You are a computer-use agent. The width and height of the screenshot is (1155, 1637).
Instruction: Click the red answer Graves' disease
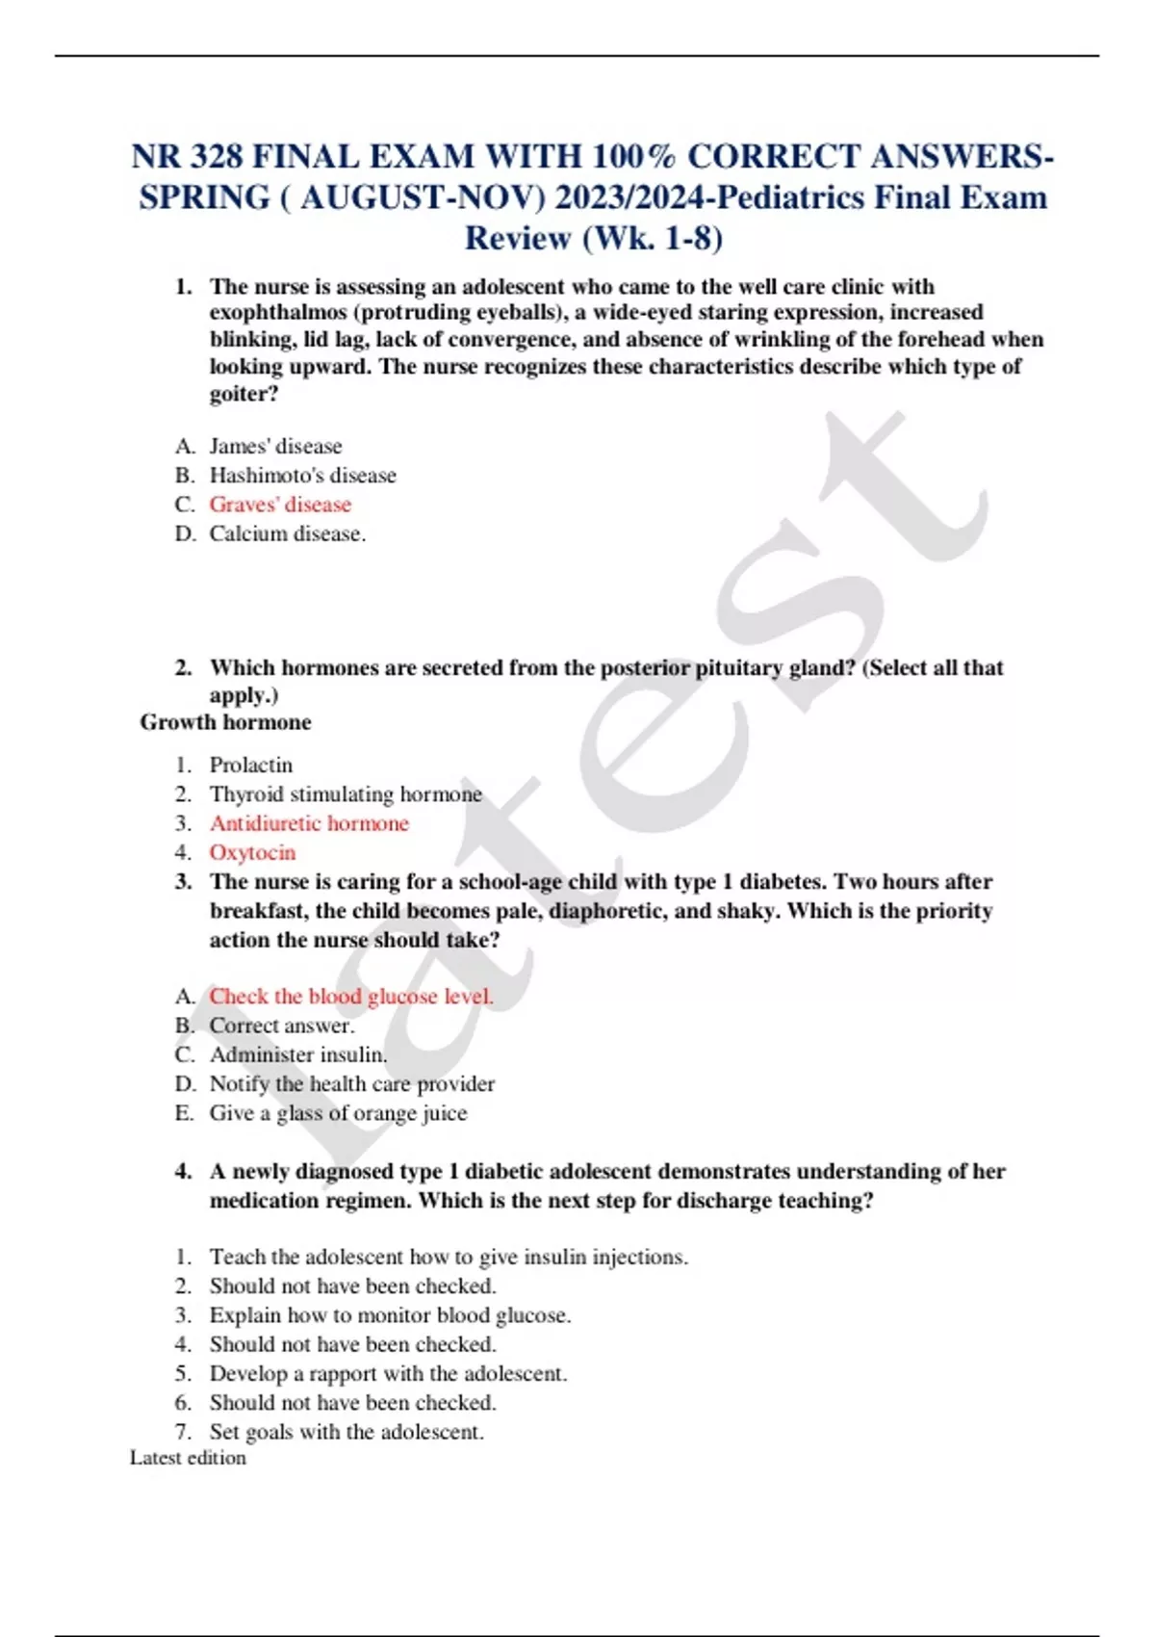tap(280, 505)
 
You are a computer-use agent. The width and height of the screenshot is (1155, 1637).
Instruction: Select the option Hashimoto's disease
tap(302, 476)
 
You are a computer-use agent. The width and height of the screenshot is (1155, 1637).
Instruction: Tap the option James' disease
tap(275, 447)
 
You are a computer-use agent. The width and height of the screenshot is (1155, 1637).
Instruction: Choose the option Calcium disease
tap(287, 533)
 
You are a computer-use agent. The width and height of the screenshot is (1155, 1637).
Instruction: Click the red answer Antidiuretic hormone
tap(309, 823)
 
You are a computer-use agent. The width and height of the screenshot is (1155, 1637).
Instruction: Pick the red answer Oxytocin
tap(252, 852)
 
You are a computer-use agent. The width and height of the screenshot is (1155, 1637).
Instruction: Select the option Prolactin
tap(250, 766)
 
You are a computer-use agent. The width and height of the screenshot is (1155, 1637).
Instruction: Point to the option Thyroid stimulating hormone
tap(346, 794)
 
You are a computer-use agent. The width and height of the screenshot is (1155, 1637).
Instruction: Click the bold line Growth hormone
tap(225, 722)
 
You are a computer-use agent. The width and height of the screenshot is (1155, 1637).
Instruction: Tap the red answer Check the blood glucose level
tap(351, 997)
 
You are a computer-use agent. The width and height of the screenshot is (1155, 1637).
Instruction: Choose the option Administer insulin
tap(298, 1054)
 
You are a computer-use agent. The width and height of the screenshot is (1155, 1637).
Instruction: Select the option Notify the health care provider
tap(352, 1084)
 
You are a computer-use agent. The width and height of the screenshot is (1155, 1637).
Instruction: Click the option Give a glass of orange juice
tap(338, 1113)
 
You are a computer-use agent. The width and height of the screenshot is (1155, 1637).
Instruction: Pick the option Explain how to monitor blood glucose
tap(390, 1315)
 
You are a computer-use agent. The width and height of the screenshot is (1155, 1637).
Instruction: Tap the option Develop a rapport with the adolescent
tap(388, 1373)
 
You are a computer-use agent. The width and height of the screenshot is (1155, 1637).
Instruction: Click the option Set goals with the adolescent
tap(346, 1432)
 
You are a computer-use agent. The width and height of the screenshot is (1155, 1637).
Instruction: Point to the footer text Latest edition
tap(188, 1458)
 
